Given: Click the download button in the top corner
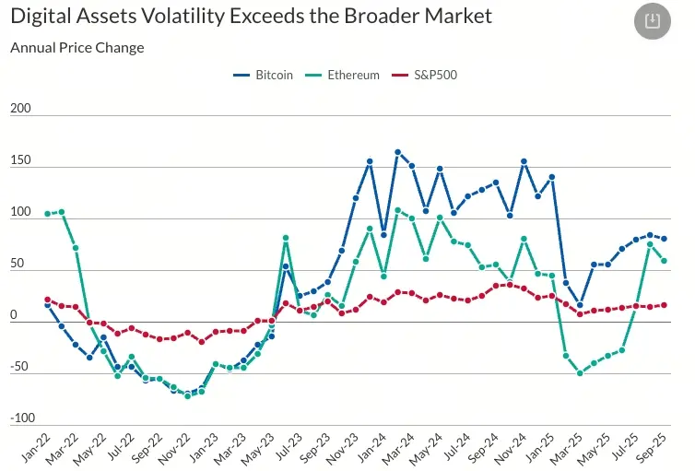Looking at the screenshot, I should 653,20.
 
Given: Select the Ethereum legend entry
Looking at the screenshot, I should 353,75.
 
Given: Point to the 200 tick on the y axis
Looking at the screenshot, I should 20,109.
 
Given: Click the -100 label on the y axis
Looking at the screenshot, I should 20,418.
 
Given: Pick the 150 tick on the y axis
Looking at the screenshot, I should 20,160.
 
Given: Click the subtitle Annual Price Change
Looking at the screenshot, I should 77,48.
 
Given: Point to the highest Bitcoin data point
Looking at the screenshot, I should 397,152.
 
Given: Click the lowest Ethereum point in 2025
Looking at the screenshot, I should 581,373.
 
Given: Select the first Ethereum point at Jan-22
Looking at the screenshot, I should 47,214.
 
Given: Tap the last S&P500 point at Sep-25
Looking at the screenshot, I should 664,305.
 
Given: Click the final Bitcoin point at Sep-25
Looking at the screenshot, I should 664,239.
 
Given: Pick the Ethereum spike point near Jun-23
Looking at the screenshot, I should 286,238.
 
